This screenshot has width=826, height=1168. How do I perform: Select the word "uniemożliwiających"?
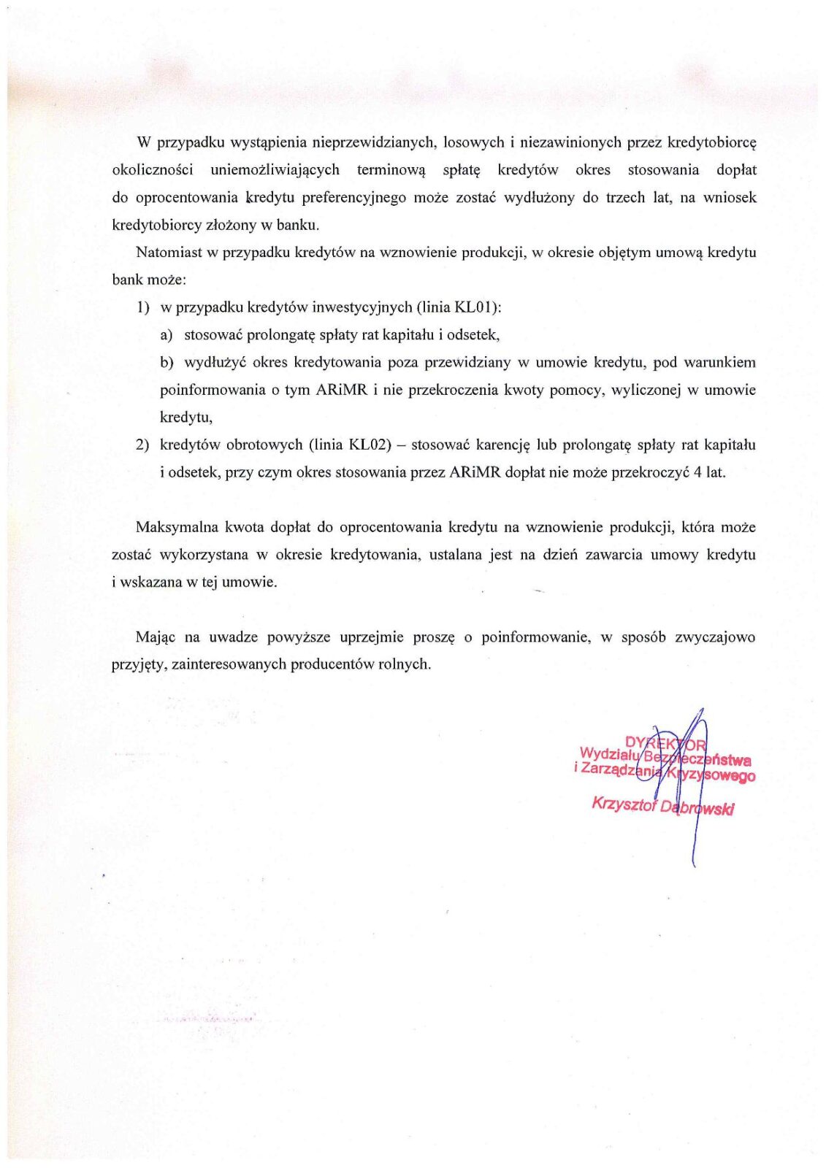pos(275,170)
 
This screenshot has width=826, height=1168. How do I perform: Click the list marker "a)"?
pos(167,335)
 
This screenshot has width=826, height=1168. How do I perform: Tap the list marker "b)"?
pos(167,363)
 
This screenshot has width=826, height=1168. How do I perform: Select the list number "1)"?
pos(142,307)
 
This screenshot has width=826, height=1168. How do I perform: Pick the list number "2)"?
pos(142,445)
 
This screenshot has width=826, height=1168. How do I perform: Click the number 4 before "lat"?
pos(698,472)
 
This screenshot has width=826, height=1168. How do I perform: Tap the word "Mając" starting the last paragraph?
pos(156,637)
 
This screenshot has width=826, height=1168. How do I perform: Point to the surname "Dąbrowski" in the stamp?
pos(697,808)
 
